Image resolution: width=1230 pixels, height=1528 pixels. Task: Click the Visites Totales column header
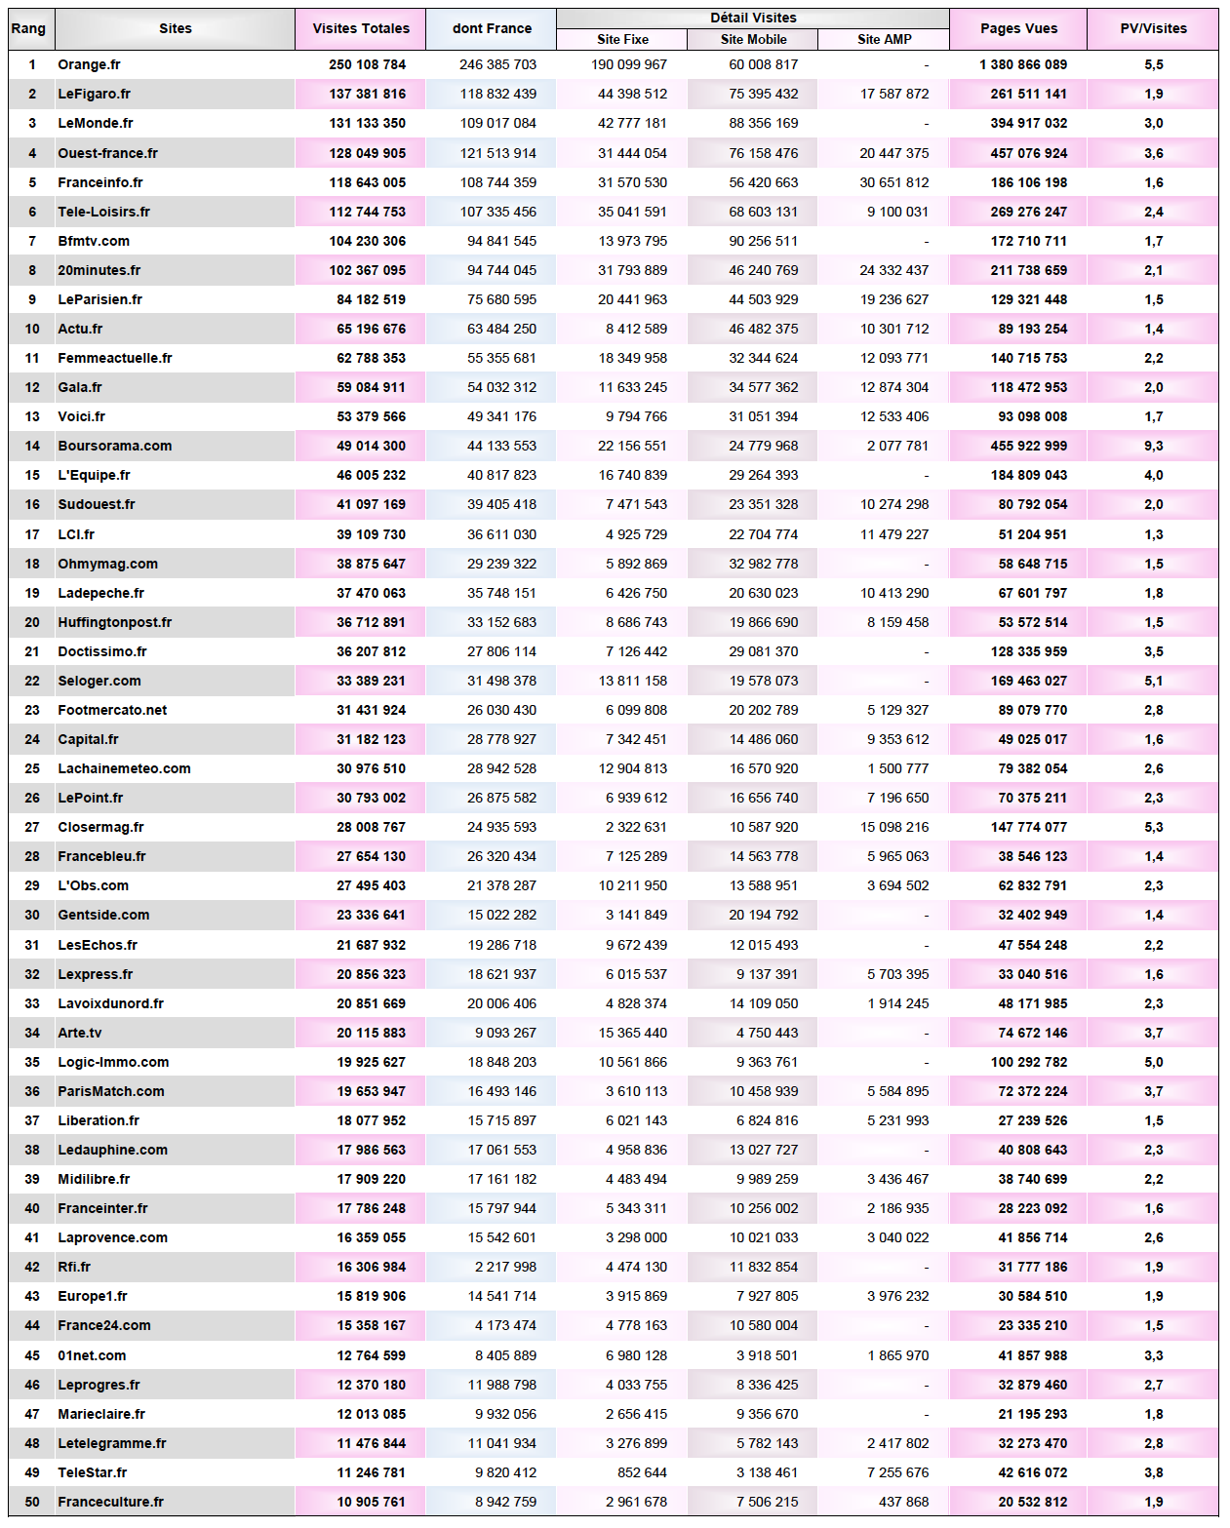click(x=361, y=28)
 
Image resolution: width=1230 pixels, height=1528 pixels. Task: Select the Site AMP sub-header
click(x=885, y=39)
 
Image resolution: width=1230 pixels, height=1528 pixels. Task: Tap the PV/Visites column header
click(x=1153, y=28)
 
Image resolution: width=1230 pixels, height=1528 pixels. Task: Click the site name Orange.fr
click(x=90, y=64)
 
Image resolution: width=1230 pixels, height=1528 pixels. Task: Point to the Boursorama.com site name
click(x=115, y=446)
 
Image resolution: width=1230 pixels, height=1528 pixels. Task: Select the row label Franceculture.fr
click(x=111, y=1502)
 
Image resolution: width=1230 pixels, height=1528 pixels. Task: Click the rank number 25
click(x=32, y=768)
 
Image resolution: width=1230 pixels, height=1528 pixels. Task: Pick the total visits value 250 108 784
click(x=367, y=64)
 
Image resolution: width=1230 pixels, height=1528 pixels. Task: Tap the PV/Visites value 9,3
click(x=1153, y=446)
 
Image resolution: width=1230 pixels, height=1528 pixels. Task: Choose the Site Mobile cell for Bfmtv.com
click(x=763, y=241)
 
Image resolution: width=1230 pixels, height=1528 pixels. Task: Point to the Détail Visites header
click(x=753, y=18)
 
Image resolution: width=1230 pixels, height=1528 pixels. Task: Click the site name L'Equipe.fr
click(x=94, y=475)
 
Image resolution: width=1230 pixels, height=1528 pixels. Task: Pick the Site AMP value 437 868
click(x=903, y=1502)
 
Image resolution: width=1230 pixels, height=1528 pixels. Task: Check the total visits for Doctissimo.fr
click(x=371, y=651)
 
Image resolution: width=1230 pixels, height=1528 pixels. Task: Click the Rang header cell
click(x=28, y=28)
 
